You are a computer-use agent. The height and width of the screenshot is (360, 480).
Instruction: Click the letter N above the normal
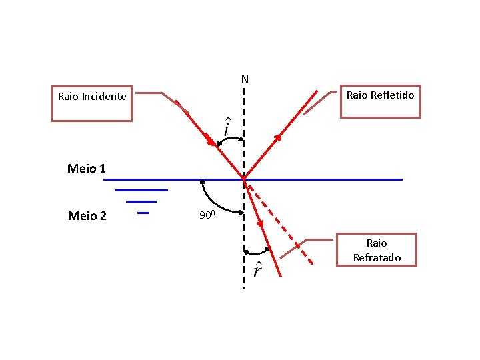(245, 79)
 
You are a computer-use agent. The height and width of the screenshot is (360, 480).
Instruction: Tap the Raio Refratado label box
(377, 250)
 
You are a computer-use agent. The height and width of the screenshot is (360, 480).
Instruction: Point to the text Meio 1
(87, 169)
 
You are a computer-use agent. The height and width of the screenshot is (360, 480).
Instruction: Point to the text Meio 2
(87, 215)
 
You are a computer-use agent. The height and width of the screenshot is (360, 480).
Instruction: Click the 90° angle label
(208, 215)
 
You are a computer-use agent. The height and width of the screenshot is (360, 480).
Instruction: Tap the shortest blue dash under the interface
(143, 213)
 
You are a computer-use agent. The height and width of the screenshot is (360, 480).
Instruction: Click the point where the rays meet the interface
(244, 179)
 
